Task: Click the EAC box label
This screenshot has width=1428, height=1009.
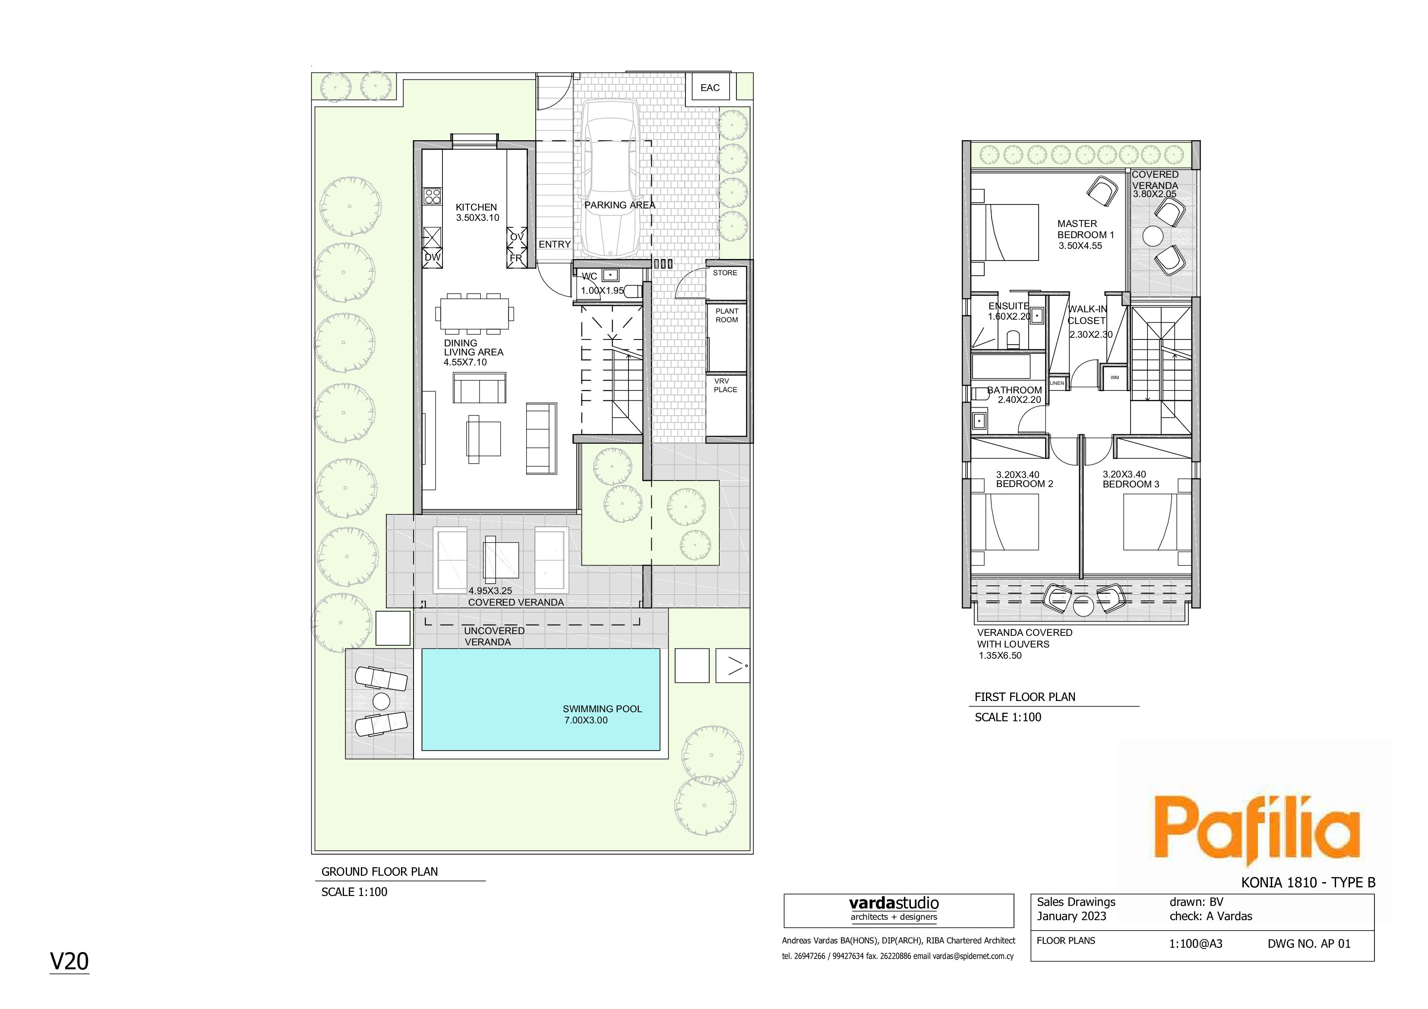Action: [x=710, y=88]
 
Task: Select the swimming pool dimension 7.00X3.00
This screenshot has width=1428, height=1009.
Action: [x=586, y=720]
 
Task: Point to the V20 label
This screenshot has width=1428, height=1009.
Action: [x=70, y=961]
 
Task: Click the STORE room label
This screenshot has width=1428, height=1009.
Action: [x=725, y=273]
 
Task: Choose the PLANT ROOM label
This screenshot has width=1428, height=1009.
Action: [x=727, y=315]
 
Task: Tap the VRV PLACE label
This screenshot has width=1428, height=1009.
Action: [x=725, y=386]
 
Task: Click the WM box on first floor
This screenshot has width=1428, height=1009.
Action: [x=1115, y=377]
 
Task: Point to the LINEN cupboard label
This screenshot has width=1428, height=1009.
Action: [x=1057, y=383]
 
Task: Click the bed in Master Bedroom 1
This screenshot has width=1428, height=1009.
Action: [x=1005, y=232]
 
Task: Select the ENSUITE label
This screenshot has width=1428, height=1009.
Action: [x=1009, y=306]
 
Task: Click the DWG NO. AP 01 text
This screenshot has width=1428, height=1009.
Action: [x=1309, y=944]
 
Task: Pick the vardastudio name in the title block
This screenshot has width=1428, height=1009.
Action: [x=894, y=903]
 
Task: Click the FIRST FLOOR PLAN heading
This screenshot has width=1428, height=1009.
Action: [x=1025, y=697]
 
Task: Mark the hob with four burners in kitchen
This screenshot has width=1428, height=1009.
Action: [x=432, y=196]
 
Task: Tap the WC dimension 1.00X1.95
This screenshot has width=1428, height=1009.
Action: [x=602, y=290]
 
